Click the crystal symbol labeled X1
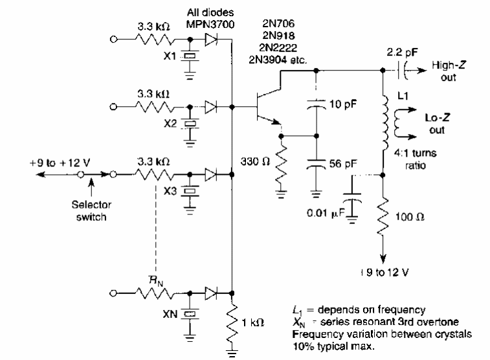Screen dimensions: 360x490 [x=190, y=56]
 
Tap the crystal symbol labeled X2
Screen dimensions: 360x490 [x=190, y=121]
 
